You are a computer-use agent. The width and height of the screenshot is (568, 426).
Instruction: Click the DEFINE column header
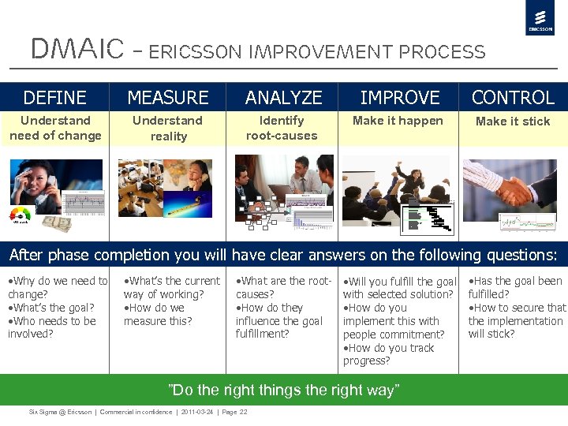pos(54,98)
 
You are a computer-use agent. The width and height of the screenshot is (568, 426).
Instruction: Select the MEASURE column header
pos(168,98)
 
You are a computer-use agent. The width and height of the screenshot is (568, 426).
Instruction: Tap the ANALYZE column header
pos(283,98)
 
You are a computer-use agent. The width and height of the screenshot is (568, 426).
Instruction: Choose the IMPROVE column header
pos(400,98)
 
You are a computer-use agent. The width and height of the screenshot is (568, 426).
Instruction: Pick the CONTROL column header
pos(513,98)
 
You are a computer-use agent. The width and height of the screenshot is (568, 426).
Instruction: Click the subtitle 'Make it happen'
pos(398,121)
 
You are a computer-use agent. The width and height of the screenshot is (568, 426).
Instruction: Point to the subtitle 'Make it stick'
pos(513,121)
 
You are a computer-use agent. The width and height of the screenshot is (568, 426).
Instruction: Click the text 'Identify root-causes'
pos(282,128)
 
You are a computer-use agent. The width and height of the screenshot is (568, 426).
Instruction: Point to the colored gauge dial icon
pos(21,216)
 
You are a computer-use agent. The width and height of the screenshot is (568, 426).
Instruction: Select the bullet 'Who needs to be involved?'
pos(52,327)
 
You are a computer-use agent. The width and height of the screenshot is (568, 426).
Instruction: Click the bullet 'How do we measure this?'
pos(158,315)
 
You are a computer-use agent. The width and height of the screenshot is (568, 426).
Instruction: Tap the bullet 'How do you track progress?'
pos(388,354)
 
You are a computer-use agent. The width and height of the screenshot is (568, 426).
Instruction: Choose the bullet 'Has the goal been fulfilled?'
pos(515,288)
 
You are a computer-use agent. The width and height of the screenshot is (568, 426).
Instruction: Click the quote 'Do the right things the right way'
pos(284,390)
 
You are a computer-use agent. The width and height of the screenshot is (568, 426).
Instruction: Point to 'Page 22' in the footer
pos(234,413)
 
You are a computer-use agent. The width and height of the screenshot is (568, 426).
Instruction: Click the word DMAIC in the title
pos(77,50)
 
